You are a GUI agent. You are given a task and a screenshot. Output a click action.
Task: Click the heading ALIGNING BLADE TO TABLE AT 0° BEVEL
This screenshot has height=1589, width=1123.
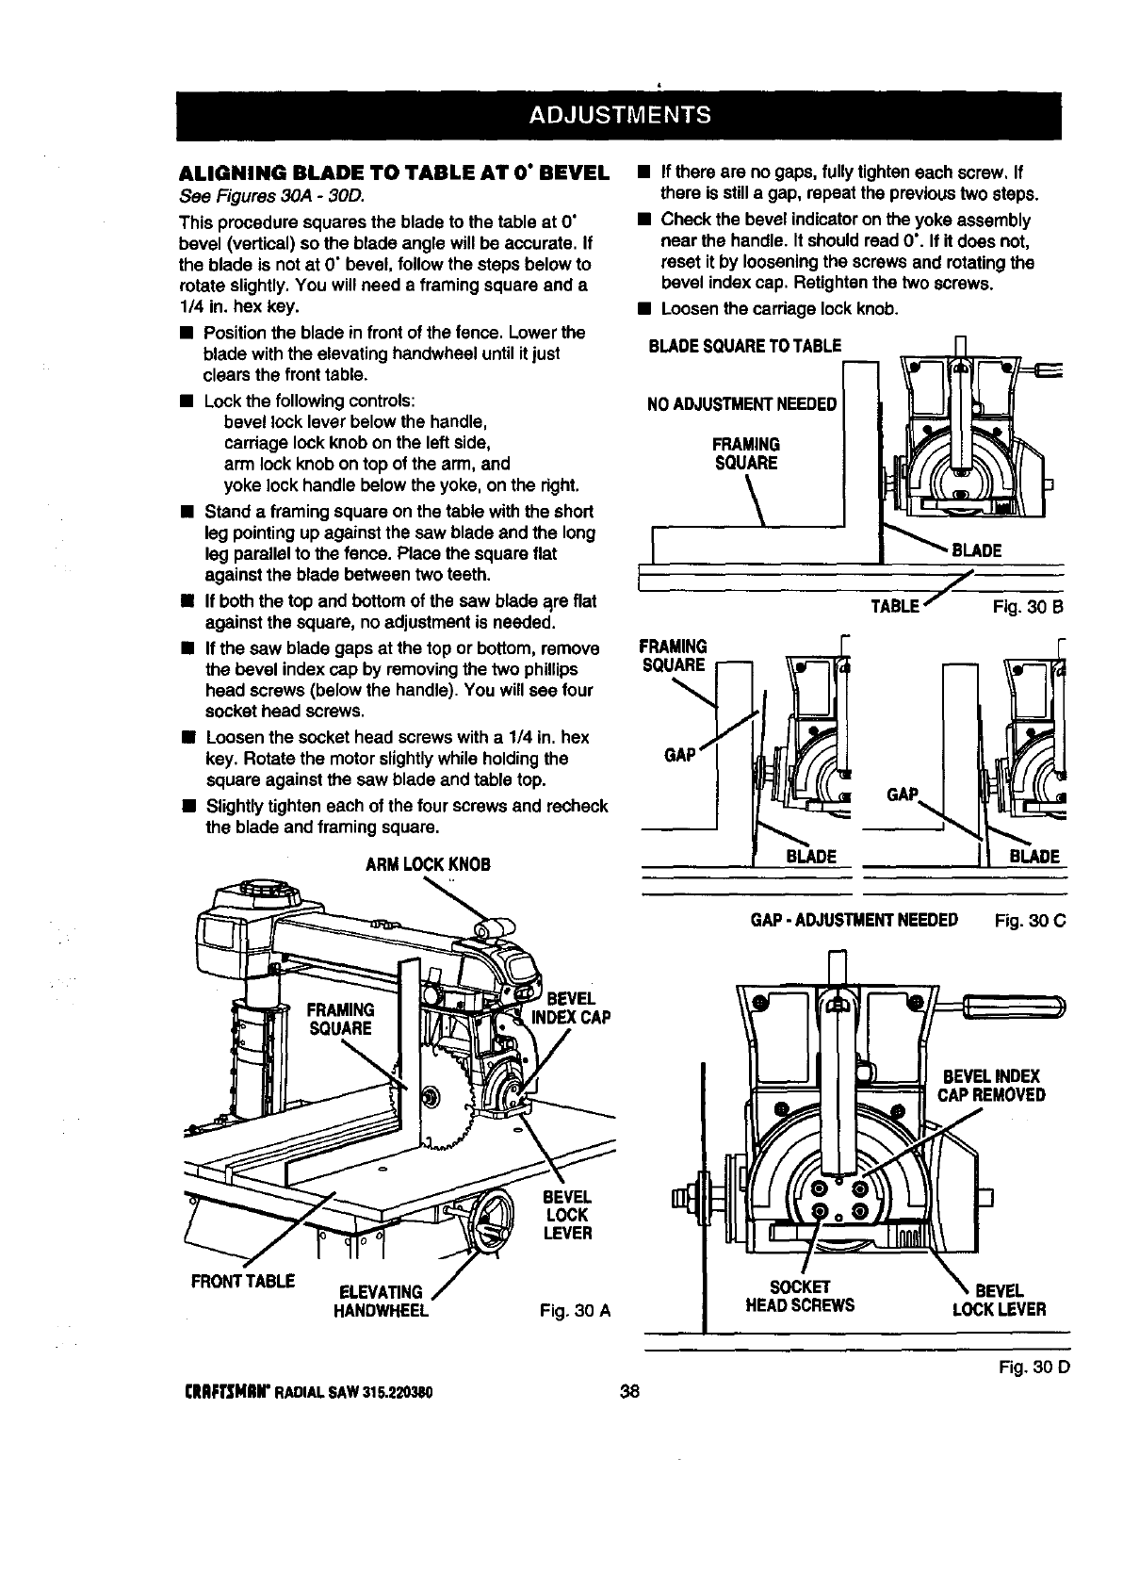(393, 173)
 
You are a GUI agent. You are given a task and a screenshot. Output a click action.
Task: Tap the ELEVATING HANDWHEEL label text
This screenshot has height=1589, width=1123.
(382, 1301)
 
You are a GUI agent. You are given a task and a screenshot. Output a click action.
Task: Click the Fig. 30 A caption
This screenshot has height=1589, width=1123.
(576, 1310)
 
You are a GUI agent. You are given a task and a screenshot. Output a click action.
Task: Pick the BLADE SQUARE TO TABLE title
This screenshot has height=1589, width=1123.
(744, 346)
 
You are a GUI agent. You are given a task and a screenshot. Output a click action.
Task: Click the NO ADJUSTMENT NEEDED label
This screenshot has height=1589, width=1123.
(742, 405)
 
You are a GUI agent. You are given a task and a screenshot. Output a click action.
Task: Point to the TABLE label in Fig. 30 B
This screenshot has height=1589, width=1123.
(895, 606)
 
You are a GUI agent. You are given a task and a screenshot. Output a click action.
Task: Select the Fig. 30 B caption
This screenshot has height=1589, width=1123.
(1028, 607)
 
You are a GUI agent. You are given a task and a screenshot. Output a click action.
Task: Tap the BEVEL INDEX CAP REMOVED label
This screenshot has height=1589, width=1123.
(990, 1086)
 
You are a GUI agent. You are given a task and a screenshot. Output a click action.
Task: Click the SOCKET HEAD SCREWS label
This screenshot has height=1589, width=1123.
(800, 1297)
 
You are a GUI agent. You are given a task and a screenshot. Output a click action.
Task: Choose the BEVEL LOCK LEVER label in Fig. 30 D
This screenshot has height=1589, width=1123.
(999, 1299)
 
